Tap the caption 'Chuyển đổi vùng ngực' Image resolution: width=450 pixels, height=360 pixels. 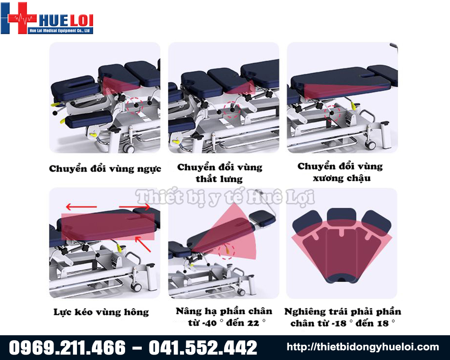coord(105,168)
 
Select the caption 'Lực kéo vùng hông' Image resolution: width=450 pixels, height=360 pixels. coord(101,312)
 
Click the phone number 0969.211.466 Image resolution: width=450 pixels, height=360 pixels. coord(67,347)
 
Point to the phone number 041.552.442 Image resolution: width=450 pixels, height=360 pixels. coord(203,347)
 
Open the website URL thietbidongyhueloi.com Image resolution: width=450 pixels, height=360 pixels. coord(363,347)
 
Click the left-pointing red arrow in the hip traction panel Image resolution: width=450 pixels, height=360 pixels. coord(81,207)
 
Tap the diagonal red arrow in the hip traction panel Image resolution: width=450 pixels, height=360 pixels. coord(143,244)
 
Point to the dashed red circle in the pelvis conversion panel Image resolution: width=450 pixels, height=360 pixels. coord(333,112)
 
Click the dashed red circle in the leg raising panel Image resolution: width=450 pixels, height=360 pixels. coord(227,251)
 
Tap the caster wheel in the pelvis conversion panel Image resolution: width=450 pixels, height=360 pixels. coord(370,144)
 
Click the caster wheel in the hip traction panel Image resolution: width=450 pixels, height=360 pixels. coord(136,287)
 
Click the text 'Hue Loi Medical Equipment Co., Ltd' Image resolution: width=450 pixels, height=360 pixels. coord(60,31)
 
